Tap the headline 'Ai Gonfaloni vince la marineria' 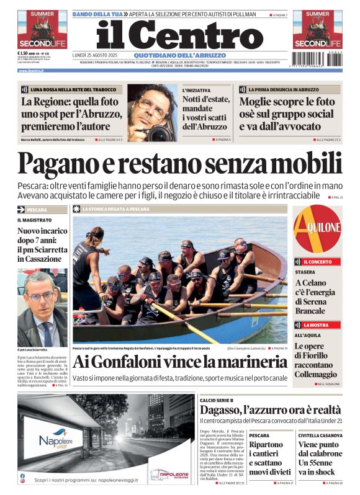coord(179,362)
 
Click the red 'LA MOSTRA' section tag coord(317,324)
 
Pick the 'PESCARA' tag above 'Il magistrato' coord(38,210)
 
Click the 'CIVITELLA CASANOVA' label coord(320,435)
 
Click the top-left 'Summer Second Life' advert coord(42,29)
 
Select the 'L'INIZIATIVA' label coord(196,91)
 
